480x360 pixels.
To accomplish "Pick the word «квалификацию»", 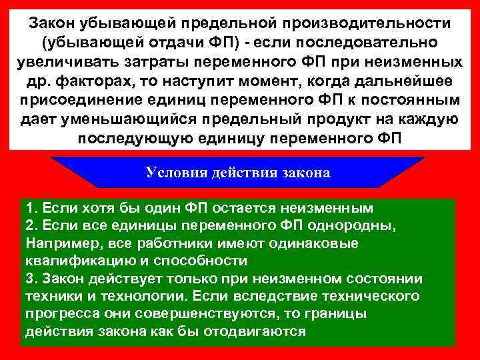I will coord(69,260).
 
